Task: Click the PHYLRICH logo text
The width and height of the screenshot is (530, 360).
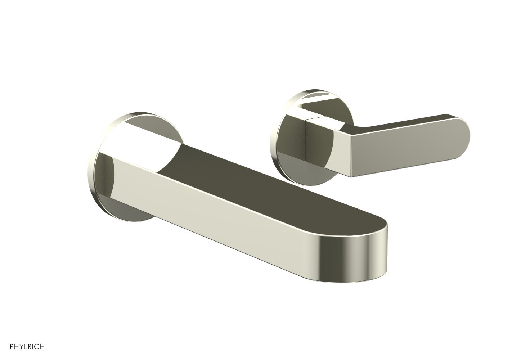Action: (27, 347)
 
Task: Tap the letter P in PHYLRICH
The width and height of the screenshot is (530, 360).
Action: (12, 347)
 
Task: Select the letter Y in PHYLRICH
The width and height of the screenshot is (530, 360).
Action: (21, 347)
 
